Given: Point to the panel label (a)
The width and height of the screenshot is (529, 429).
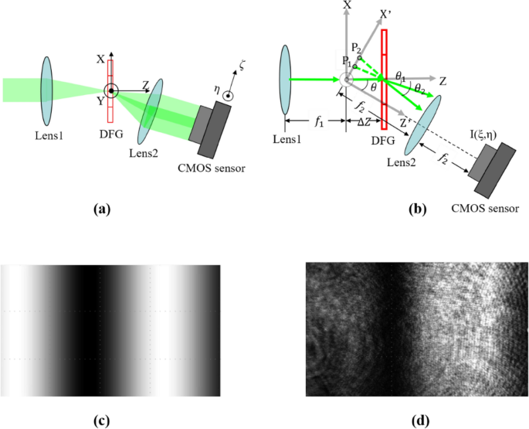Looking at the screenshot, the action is coord(105,207).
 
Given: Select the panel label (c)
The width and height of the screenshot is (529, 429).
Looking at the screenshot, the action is coord(105,420).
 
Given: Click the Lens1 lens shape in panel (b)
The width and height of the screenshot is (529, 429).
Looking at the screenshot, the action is coord(286,79).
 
